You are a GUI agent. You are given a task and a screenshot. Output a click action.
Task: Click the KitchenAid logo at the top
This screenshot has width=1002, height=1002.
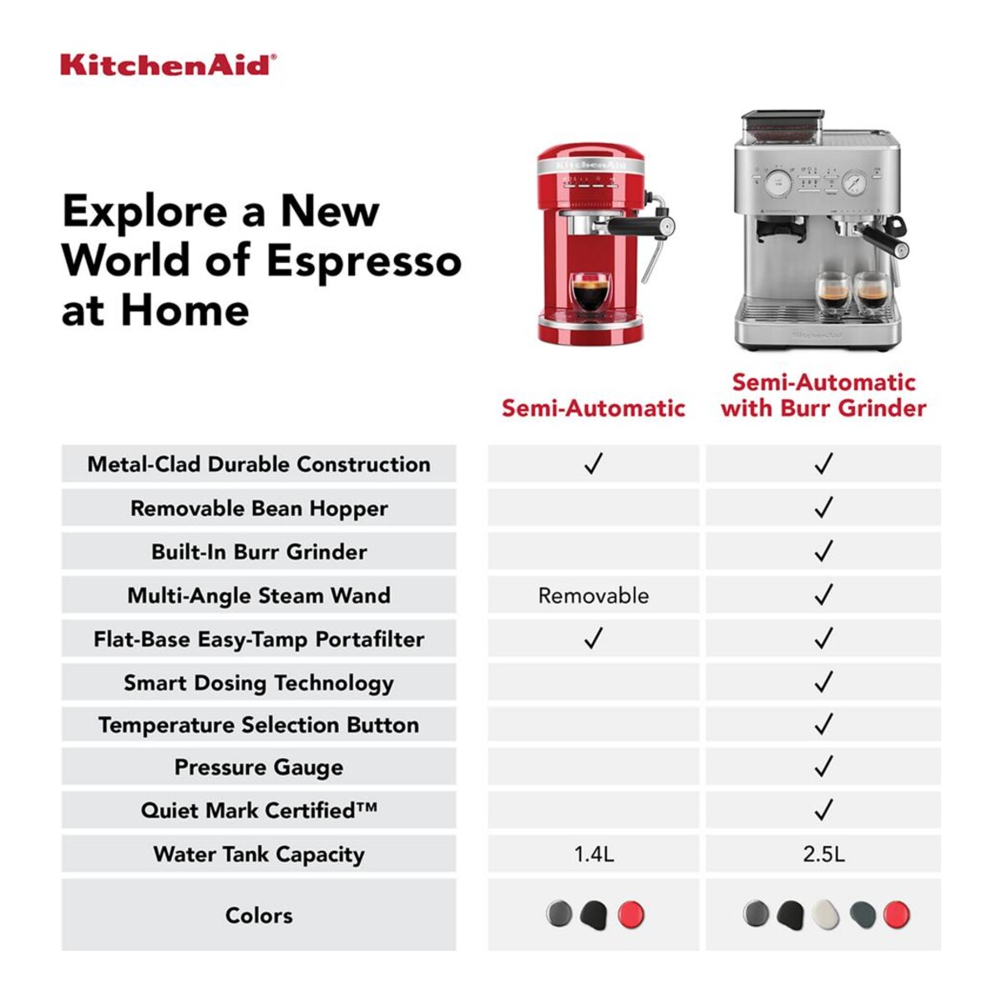[169, 65]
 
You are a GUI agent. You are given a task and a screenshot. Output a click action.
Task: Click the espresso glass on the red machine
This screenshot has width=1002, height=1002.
[590, 292]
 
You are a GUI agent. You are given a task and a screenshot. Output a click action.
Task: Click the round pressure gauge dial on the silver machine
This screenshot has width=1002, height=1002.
[854, 183]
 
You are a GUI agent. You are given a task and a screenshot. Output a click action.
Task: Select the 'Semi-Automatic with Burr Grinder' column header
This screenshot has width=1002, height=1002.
[823, 395]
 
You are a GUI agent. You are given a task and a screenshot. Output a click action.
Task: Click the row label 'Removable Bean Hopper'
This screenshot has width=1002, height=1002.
[259, 509]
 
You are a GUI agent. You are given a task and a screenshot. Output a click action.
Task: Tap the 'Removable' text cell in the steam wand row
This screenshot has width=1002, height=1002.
[594, 596]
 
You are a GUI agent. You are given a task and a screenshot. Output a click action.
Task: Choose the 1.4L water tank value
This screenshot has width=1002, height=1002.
[594, 854]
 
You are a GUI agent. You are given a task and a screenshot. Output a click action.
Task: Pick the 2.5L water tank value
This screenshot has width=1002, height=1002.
[823, 854]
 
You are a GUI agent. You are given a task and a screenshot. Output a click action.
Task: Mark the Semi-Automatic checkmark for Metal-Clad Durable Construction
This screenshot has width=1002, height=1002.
[594, 463]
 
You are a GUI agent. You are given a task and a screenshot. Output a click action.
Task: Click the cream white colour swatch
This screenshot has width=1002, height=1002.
[825, 914]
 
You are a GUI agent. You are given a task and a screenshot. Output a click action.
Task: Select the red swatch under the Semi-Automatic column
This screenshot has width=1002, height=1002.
[631, 914]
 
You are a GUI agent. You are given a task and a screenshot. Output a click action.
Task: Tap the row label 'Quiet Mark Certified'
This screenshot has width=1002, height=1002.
[259, 810]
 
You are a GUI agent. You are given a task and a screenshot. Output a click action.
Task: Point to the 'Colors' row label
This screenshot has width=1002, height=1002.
[259, 915]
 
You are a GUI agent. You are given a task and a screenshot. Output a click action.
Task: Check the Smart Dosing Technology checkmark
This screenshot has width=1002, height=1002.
[823, 681]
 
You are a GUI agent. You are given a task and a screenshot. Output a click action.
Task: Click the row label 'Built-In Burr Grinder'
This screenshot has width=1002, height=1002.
[259, 552]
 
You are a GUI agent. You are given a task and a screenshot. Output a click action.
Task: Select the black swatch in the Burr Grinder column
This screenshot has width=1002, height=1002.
[791, 914]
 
